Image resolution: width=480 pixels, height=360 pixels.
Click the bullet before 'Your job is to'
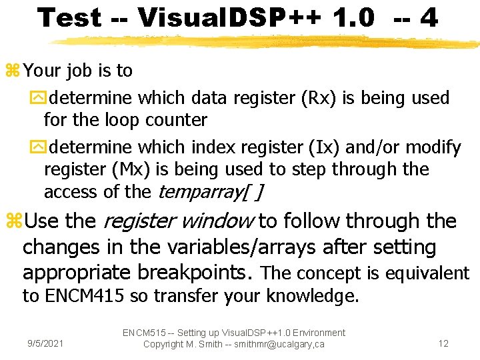point(13,71)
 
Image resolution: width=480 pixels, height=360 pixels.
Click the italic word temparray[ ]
point(210,192)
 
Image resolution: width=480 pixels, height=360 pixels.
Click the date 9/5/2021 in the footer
point(45,344)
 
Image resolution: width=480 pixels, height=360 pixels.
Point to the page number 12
point(443,344)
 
